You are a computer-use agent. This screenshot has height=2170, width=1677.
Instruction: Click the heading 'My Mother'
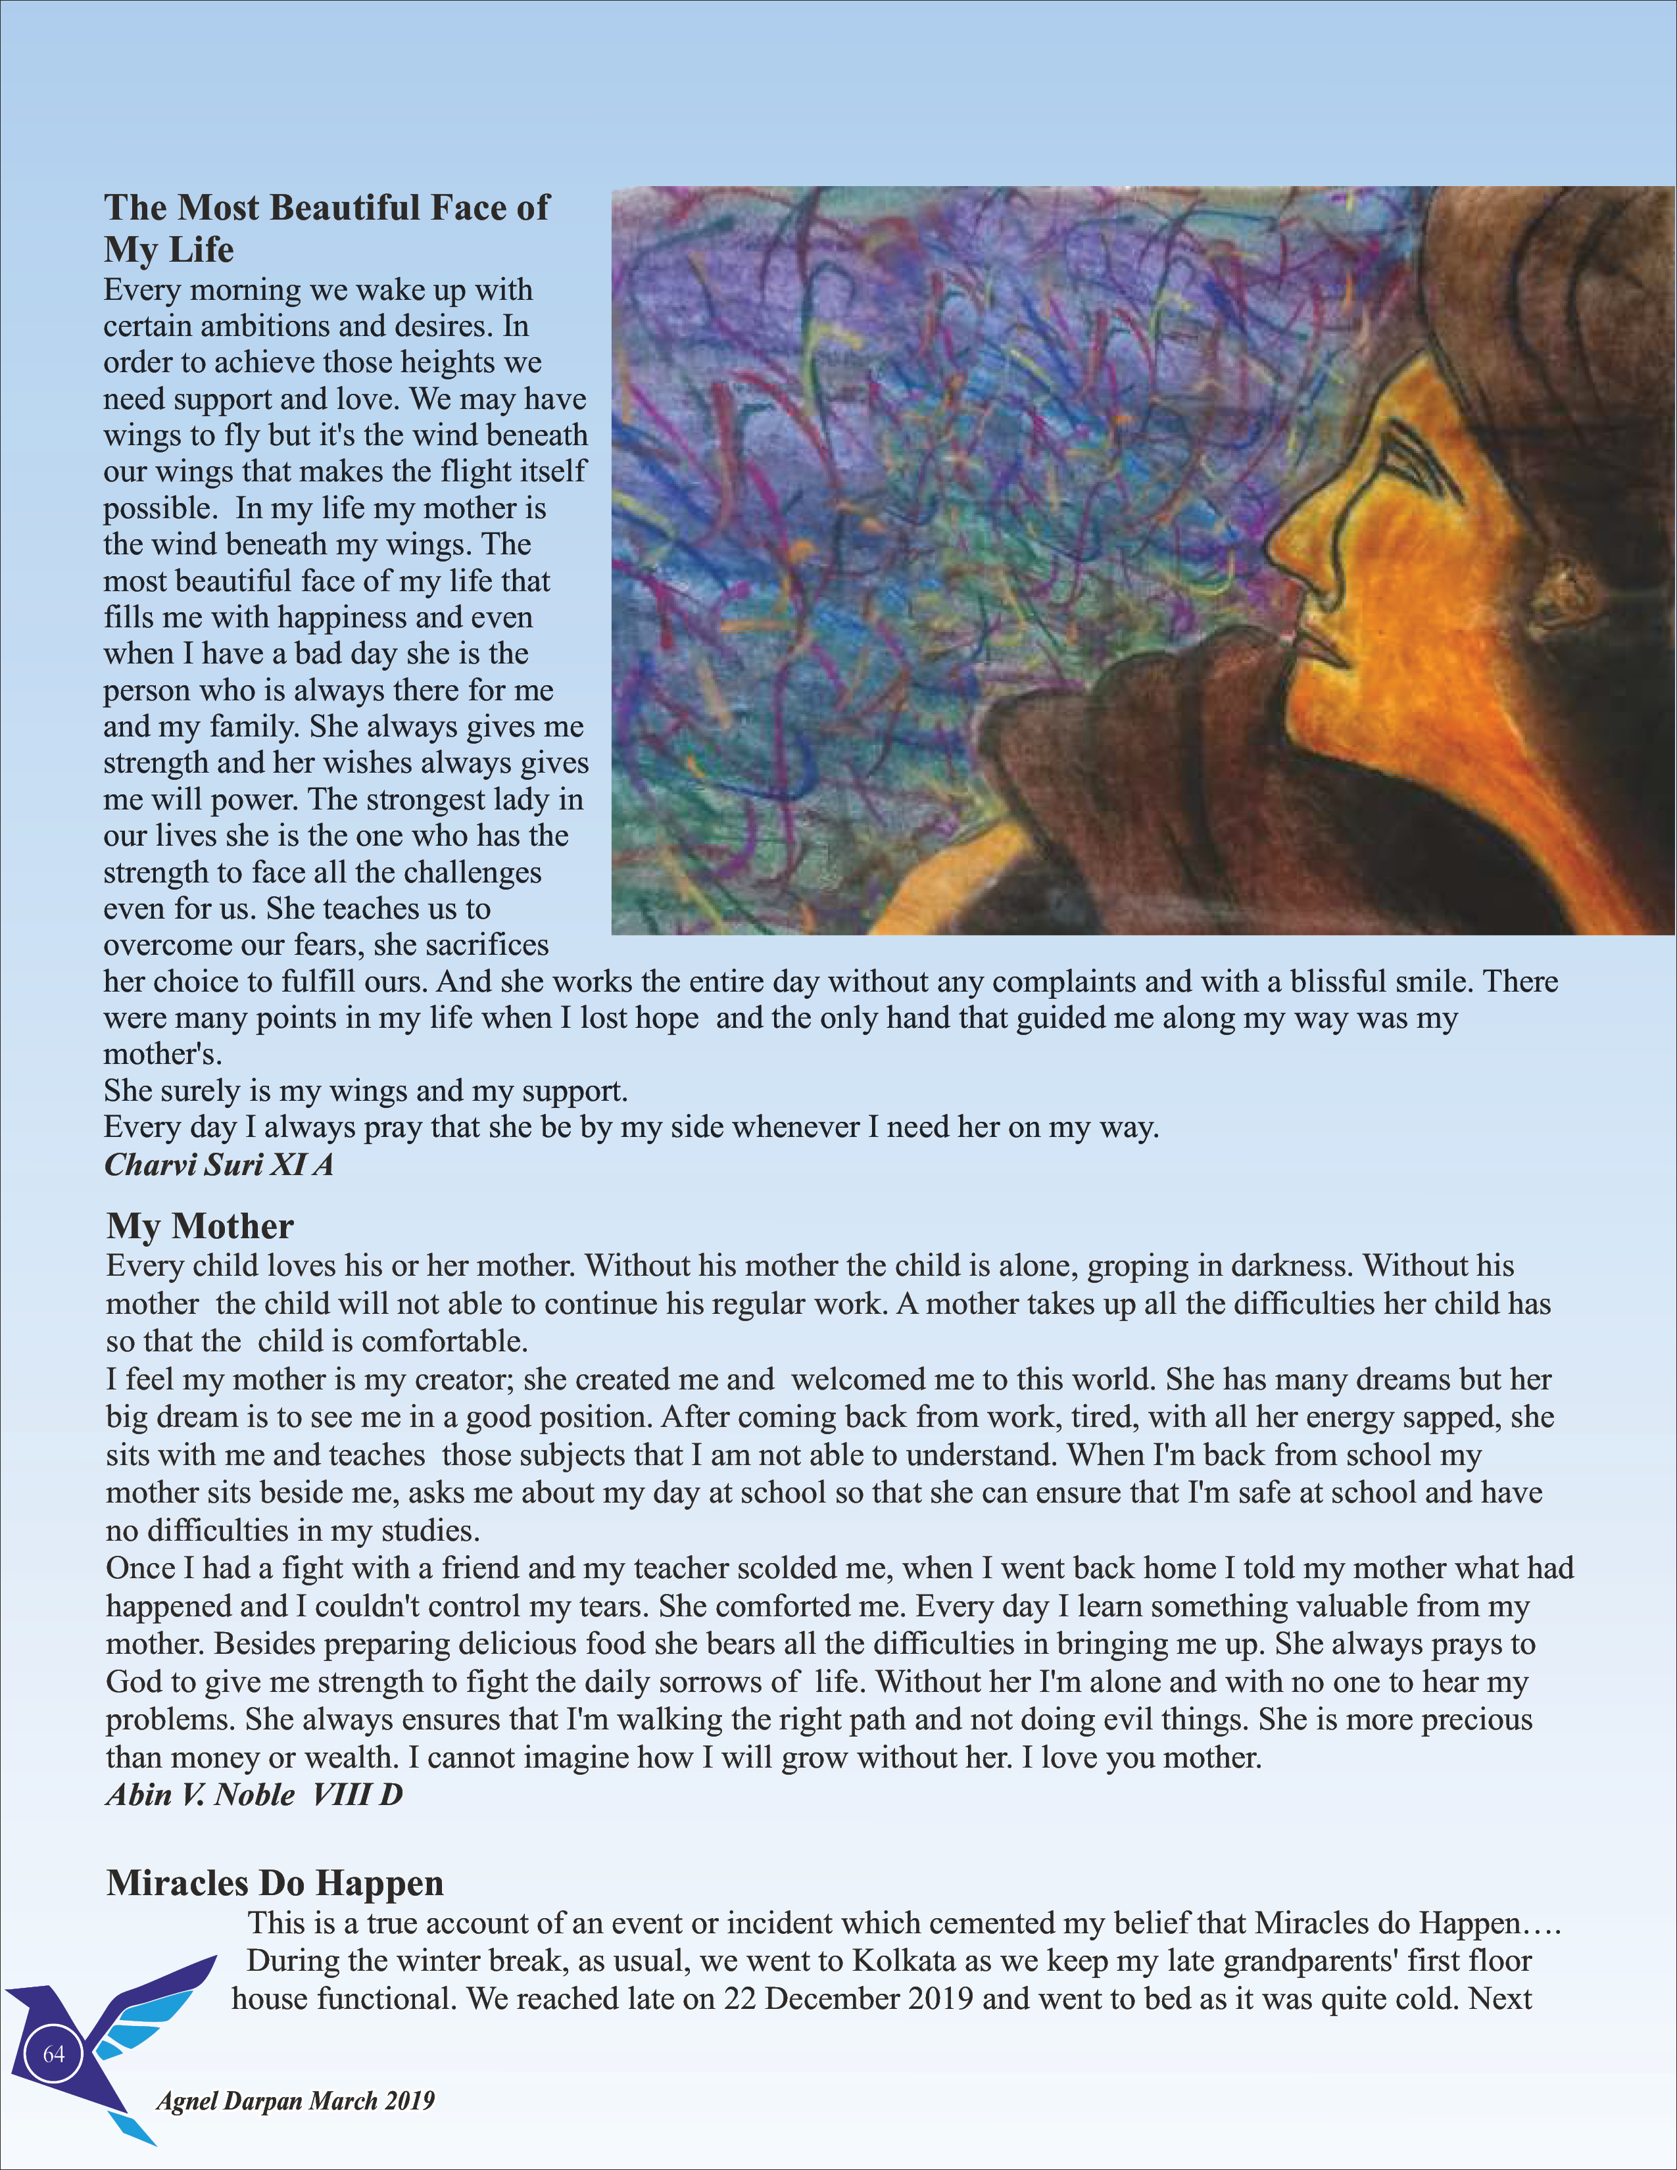[200, 1226]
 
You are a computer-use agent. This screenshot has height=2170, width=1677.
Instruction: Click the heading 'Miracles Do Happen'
[274, 1883]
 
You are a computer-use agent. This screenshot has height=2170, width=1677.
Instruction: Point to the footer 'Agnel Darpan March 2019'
[295, 2100]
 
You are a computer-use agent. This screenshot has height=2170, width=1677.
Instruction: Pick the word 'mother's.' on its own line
[162, 1053]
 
